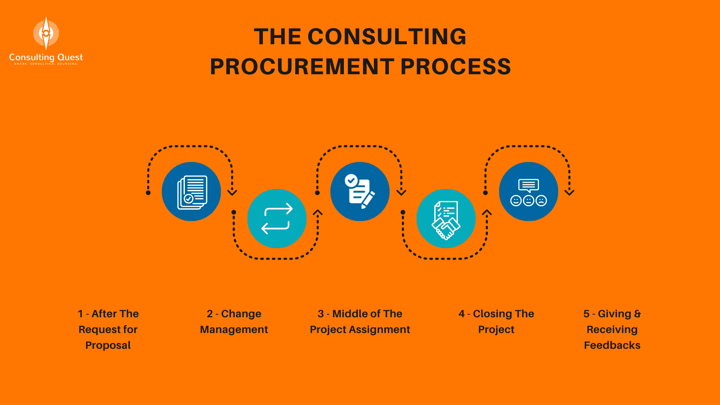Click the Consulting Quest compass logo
click(x=46, y=33)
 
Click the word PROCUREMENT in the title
click(x=302, y=67)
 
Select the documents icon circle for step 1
click(x=191, y=192)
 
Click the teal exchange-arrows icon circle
click(x=277, y=219)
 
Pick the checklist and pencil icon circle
click(x=360, y=192)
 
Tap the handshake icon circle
click(x=446, y=219)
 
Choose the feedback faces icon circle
click(x=528, y=192)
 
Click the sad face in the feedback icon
click(x=541, y=201)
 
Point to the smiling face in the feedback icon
click(x=516, y=201)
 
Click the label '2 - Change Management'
click(x=234, y=321)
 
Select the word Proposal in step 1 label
click(x=108, y=345)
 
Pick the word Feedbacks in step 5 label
click(x=612, y=345)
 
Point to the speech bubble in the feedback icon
click(x=528, y=185)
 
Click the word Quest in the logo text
click(x=70, y=57)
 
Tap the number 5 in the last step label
click(x=586, y=314)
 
